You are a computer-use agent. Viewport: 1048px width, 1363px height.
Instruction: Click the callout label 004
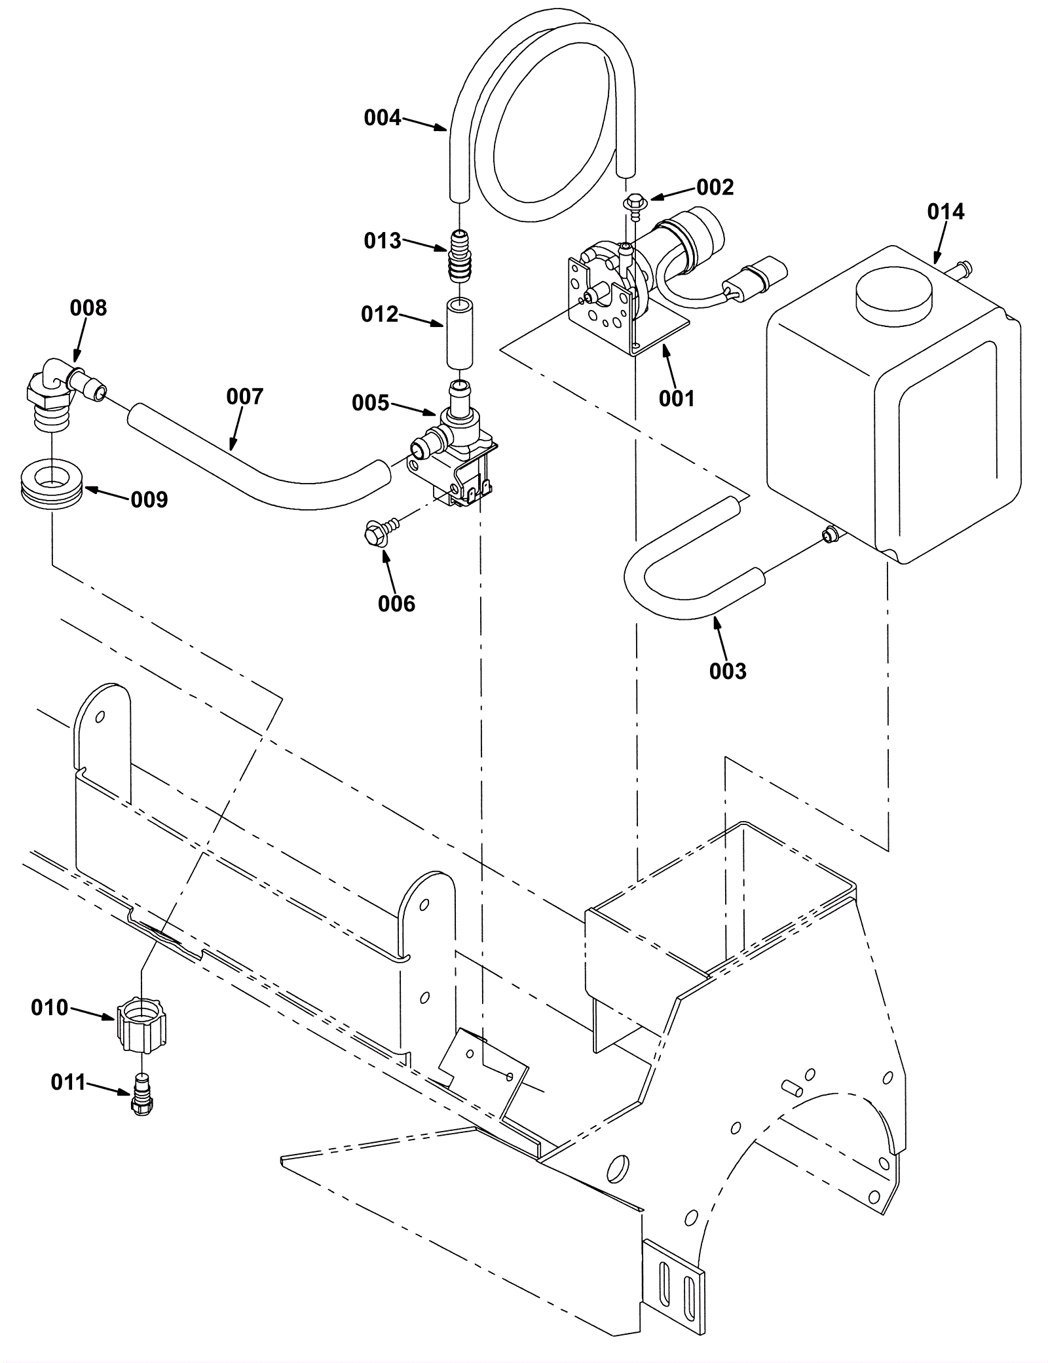[382, 118]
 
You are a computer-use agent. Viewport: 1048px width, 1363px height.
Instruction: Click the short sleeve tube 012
[460, 334]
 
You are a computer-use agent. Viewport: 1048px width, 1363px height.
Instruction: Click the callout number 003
[728, 671]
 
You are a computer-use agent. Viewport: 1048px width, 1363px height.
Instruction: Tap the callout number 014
[945, 212]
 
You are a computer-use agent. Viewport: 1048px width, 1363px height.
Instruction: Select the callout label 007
[244, 396]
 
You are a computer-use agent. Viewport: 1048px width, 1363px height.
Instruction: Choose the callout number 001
[676, 398]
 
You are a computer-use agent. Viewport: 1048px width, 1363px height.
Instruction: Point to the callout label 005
[370, 402]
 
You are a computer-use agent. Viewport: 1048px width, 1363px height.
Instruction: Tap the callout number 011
[68, 1082]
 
